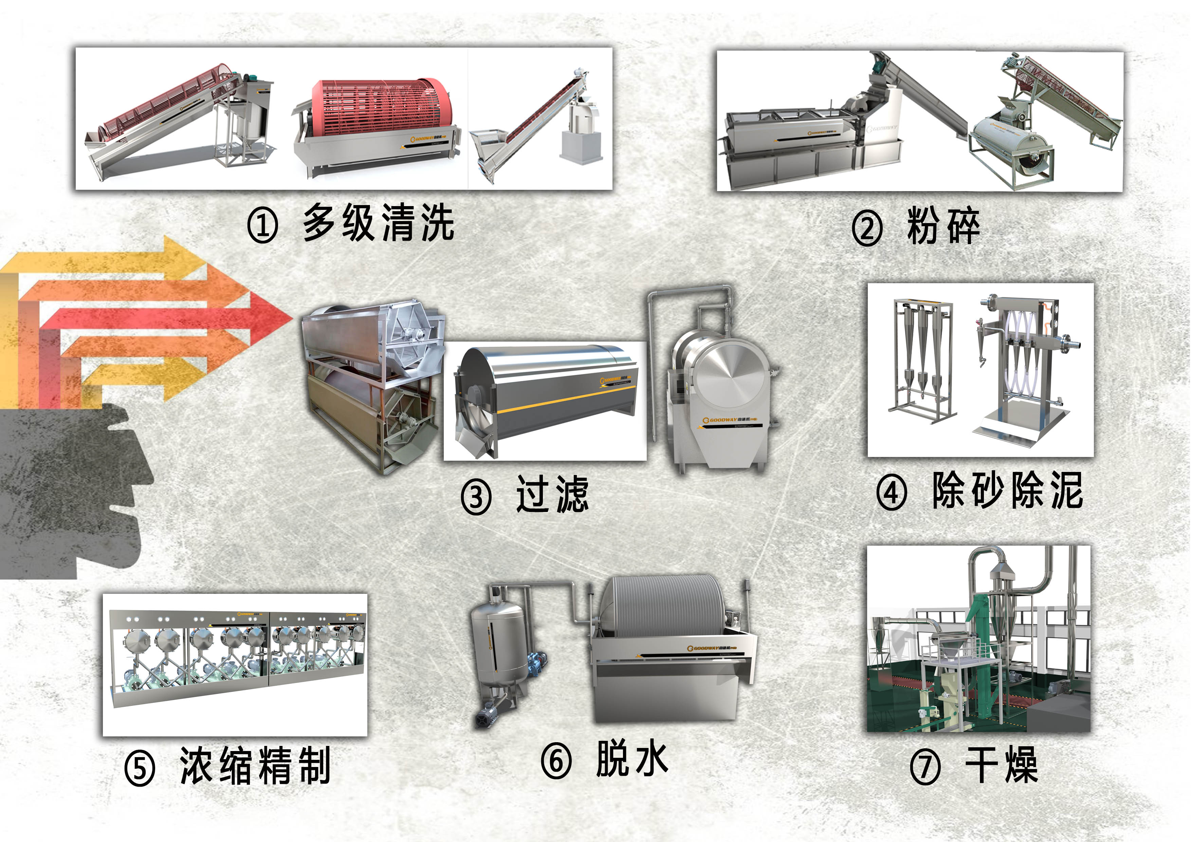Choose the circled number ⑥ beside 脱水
[x=556, y=761]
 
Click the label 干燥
[x=1001, y=765]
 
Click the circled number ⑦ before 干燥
[x=925, y=766]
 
